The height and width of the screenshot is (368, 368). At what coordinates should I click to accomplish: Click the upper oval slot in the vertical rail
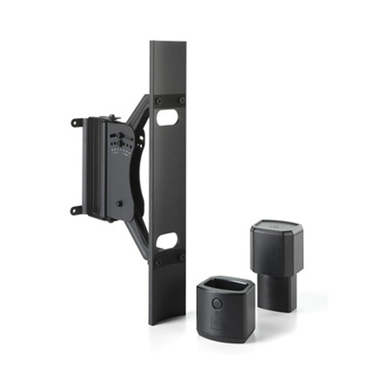167,117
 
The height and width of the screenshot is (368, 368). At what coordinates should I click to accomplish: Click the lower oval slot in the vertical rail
167,240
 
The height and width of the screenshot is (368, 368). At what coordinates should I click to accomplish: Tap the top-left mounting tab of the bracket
76,123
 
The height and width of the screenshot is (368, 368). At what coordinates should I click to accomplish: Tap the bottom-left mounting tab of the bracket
76,210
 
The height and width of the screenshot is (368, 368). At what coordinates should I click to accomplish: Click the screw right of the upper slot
181,100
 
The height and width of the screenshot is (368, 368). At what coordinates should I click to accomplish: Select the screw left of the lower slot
158,260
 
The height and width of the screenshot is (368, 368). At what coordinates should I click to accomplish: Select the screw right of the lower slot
181,257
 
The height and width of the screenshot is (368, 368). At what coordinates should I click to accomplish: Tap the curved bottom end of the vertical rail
167,317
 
